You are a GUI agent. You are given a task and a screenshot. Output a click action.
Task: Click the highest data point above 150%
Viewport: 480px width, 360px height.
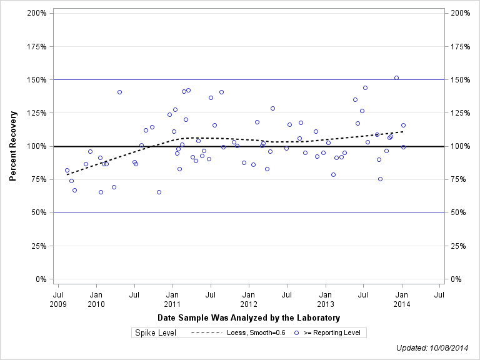[x=396, y=78]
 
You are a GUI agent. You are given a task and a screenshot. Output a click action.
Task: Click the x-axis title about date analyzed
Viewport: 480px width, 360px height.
[x=248, y=318]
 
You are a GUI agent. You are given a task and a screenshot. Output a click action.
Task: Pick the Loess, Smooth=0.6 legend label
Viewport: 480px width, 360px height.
[x=256, y=333]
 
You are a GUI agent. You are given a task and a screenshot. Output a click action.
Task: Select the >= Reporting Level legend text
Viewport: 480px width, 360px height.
[x=332, y=333]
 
